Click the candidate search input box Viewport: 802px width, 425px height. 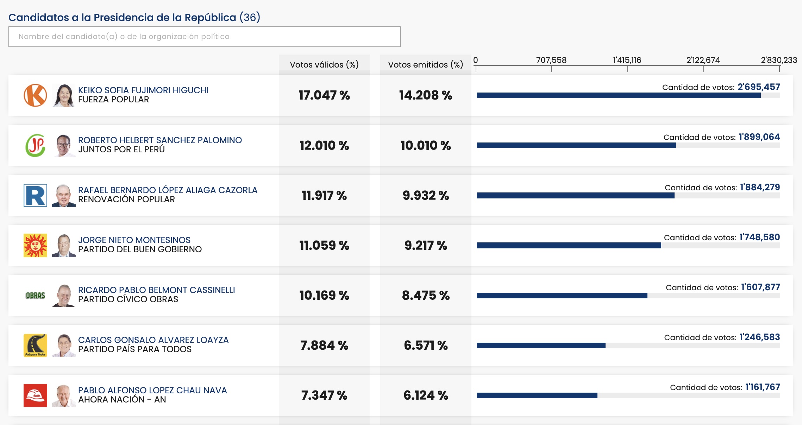click(x=204, y=37)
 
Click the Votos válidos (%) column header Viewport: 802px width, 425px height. click(x=324, y=65)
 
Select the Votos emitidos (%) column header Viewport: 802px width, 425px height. click(x=426, y=65)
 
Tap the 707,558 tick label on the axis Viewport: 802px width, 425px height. click(x=551, y=60)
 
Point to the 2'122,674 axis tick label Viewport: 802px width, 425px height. click(x=703, y=60)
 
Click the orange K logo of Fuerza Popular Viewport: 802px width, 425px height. click(x=35, y=95)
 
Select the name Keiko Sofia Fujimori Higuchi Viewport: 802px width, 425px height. click(x=143, y=90)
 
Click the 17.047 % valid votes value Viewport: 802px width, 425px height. click(x=324, y=95)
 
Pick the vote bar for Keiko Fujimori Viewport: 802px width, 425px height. click(x=619, y=95)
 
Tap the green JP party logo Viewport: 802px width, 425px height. click(x=35, y=145)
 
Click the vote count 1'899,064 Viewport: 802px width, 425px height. click(x=759, y=137)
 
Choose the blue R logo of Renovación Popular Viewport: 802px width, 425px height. click(x=35, y=195)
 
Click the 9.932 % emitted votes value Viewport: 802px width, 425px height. click(x=426, y=196)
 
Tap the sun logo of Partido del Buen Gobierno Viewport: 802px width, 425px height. click(x=35, y=245)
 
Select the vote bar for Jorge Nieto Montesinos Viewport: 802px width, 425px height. click(x=569, y=246)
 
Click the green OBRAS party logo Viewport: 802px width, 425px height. click(x=35, y=296)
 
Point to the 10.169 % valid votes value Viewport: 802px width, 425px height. click(x=324, y=296)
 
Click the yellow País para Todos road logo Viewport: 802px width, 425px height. click(x=35, y=345)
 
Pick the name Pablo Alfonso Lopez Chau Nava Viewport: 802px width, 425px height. click(x=152, y=391)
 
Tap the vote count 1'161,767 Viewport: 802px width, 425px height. click(x=763, y=387)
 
